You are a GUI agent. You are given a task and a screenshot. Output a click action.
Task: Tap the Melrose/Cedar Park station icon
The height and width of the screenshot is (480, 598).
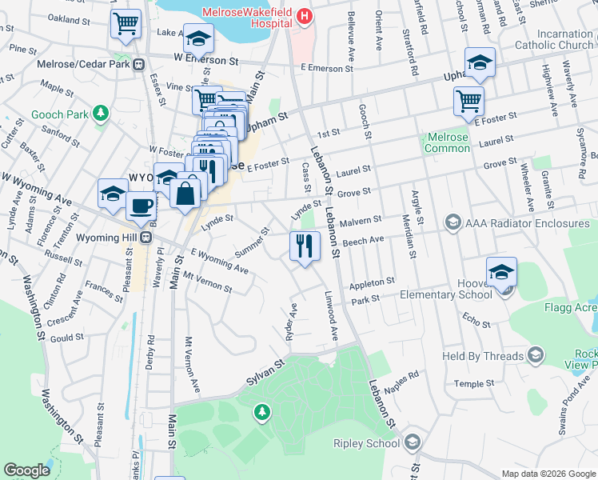pyautogui.click(x=139, y=64)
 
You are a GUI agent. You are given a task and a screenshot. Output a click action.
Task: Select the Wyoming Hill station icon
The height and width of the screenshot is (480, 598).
pyautogui.click(x=146, y=238)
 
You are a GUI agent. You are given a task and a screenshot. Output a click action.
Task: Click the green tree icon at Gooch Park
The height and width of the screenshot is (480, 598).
pyautogui.click(x=101, y=114)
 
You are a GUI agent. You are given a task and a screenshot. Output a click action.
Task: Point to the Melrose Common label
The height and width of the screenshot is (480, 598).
pyautogui.click(x=447, y=142)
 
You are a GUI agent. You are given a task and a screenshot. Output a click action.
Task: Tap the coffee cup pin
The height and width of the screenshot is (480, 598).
pyautogui.click(x=142, y=205)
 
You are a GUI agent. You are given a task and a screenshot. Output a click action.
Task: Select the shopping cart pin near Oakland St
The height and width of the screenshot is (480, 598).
pyautogui.click(x=126, y=22)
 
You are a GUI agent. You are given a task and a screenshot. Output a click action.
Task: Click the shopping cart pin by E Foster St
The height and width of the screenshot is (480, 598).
pyautogui.click(x=468, y=101)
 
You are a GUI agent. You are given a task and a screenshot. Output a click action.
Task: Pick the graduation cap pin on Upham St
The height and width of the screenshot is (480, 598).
pyautogui.click(x=480, y=62)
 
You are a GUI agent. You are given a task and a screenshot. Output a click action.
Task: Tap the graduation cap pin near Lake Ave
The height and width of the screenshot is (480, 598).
pyautogui.click(x=197, y=37)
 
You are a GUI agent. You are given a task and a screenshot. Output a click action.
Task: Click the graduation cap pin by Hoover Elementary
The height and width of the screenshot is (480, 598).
pyautogui.click(x=501, y=272)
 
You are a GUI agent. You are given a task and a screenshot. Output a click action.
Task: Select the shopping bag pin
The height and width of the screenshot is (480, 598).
pyautogui.click(x=185, y=194)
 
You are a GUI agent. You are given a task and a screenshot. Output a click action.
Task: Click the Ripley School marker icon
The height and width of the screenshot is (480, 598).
pyautogui.click(x=413, y=442)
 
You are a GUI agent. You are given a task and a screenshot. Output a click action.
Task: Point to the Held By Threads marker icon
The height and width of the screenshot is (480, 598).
pyautogui.click(x=536, y=354)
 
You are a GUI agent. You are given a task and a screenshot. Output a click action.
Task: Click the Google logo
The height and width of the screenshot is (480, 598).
pyautogui.click(x=27, y=470)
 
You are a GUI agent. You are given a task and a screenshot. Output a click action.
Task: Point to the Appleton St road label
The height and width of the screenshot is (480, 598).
pyautogui.click(x=373, y=282)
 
